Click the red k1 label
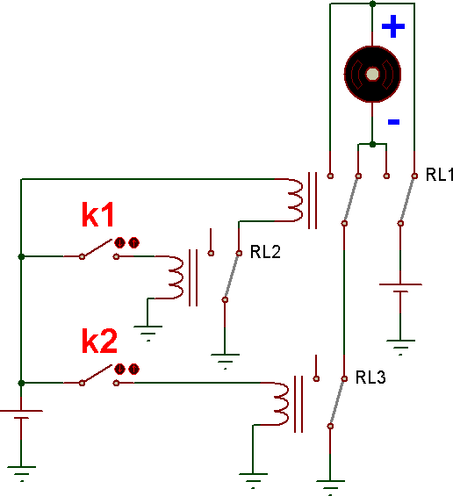click(97, 215)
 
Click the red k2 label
click(99, 341)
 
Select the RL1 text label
click(439, 175)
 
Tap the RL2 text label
click(265, 252)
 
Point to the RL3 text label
click(370, 377)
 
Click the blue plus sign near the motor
click(393, 26)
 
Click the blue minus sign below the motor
click(393, 122)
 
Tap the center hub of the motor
click(372, 75)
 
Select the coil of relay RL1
click(295, 200)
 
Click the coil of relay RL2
click(176, 277)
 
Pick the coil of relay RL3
click(281, 404)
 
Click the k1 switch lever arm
click(97, 248)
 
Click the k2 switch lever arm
click(97, 374)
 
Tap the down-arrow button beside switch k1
click(120, 243)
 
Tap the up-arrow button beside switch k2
click(134, 370)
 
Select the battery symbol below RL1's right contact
click(400, 288)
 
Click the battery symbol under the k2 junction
click(21, 414)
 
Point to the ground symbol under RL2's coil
click(147, 332)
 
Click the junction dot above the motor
click(372, 4)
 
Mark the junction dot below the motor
click(372, 145)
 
